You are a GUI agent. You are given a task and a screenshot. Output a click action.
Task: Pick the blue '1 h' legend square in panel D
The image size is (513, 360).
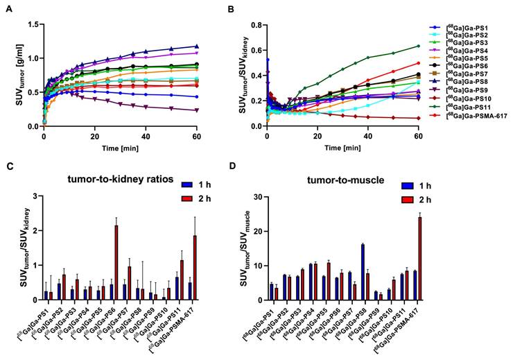click(408, 186)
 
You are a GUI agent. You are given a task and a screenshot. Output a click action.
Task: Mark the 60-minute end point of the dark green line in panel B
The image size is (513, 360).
click(418, 46)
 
